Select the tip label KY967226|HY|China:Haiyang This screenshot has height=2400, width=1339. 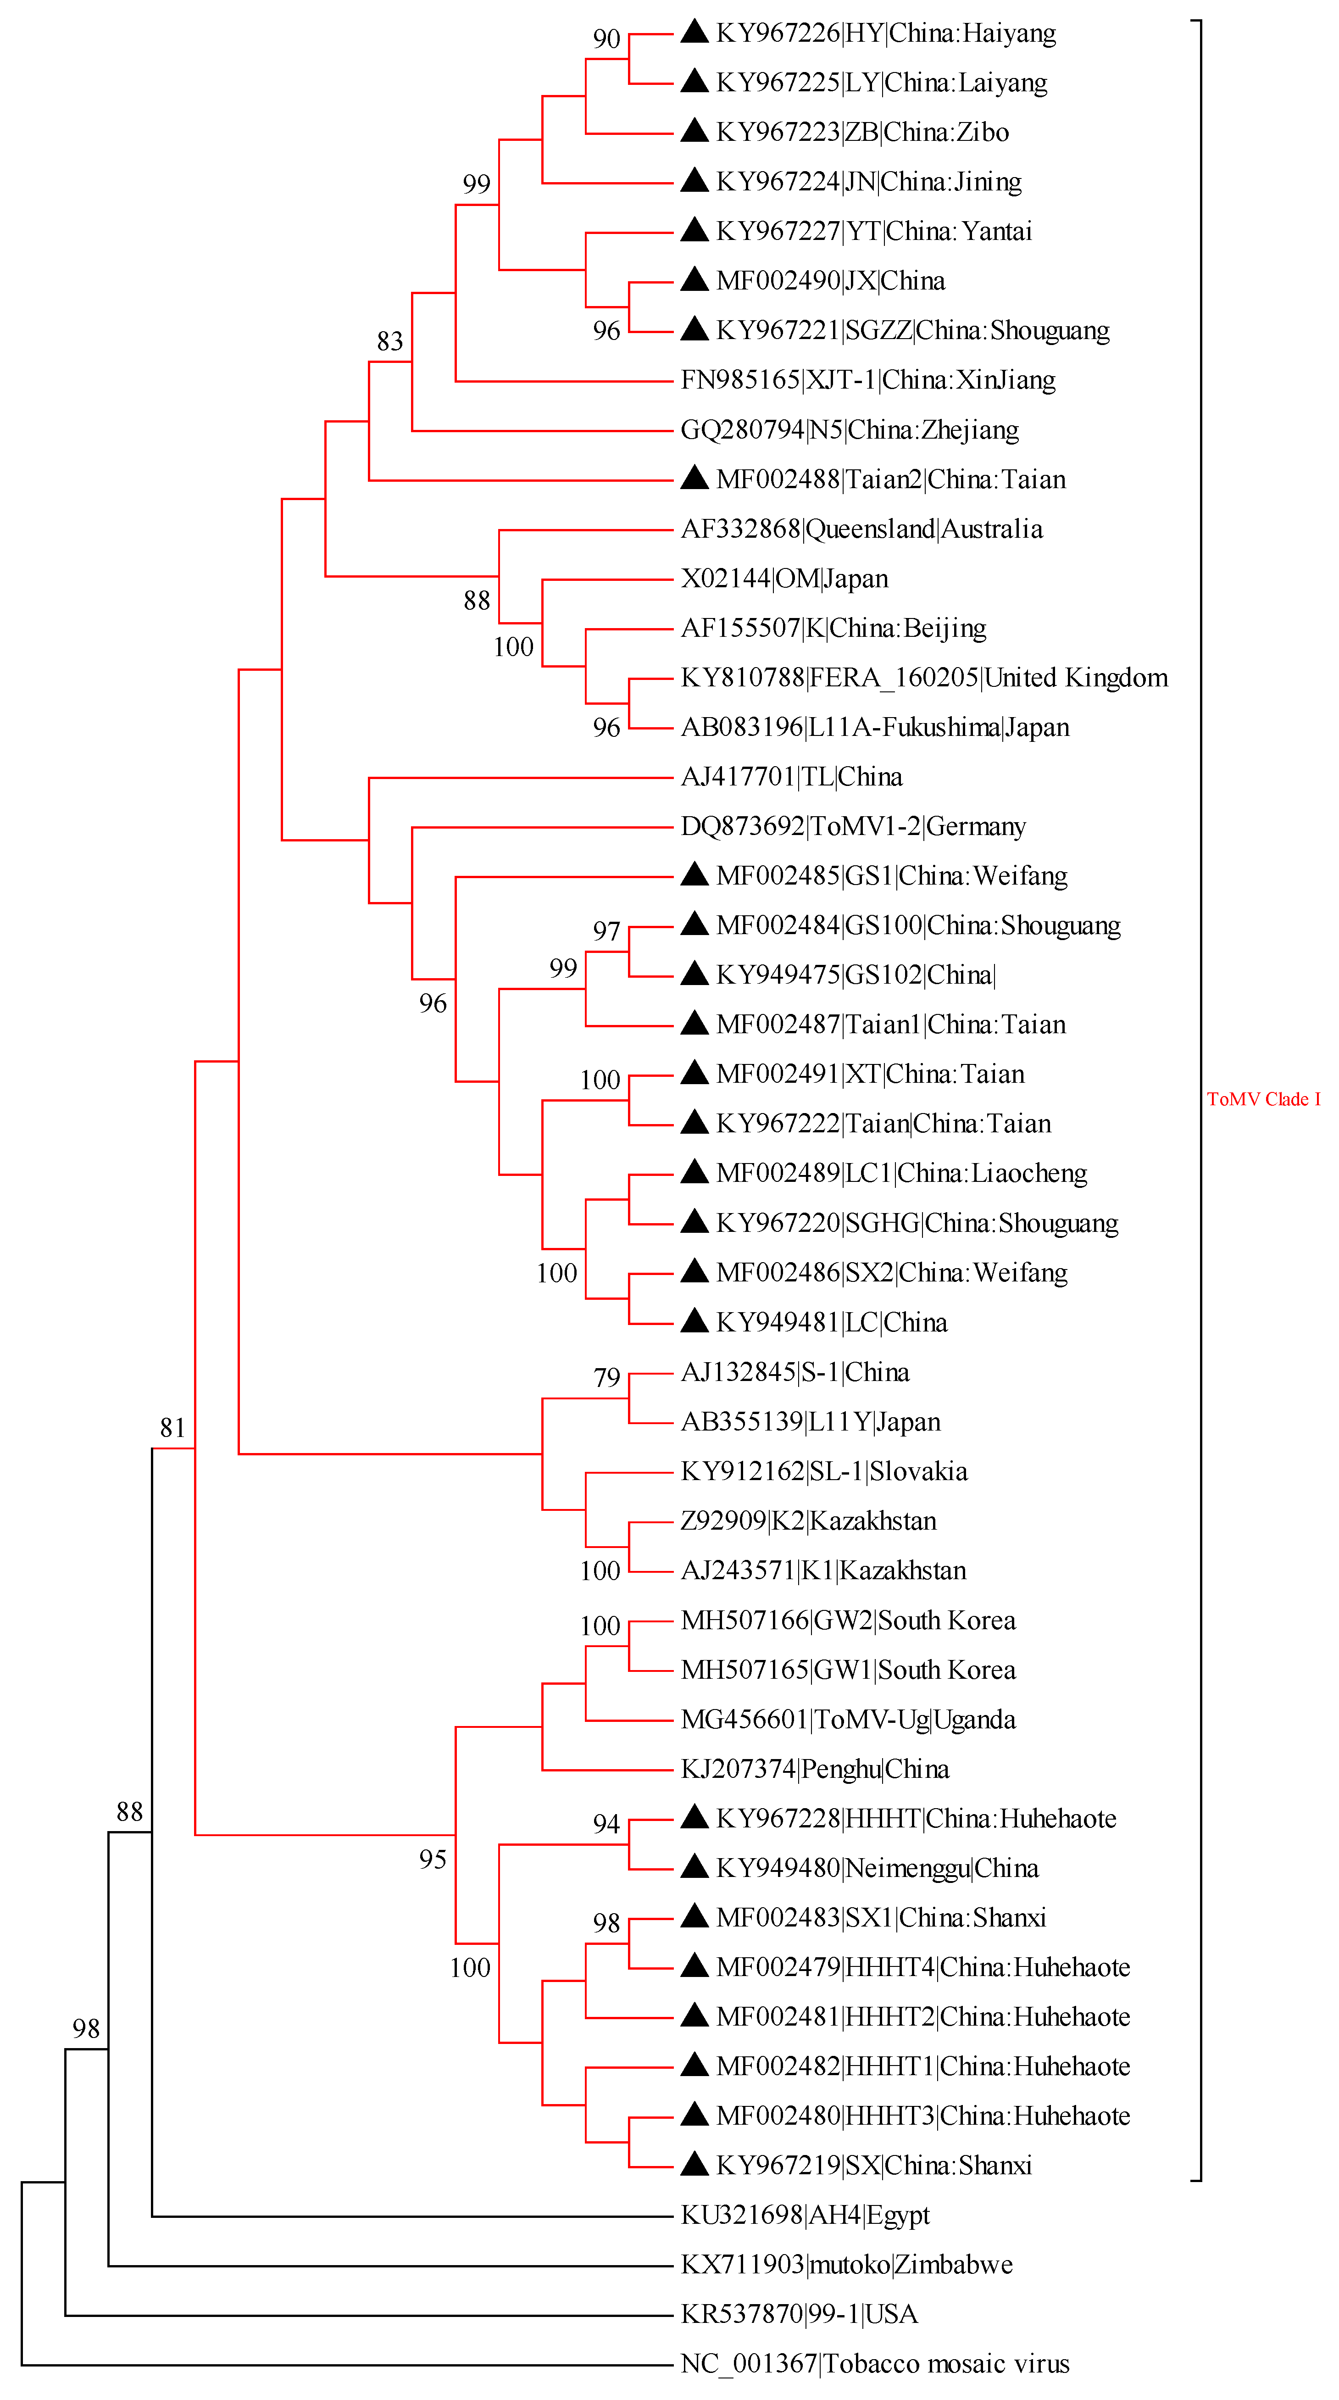tap(885, 33)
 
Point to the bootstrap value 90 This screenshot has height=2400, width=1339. tap(606, 39)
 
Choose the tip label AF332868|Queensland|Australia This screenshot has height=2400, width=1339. tap(861, 529)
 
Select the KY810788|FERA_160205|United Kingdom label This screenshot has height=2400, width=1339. tap(923, 678)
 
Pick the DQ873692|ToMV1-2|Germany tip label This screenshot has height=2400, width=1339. tap(853, 826)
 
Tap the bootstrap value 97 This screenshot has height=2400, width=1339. tap(606, 931)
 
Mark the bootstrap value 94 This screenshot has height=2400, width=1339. tap(606, 1823)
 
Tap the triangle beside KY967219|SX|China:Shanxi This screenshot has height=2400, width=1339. tap(694, 2163)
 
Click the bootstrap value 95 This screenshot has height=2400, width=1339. tap(433, 1860)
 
